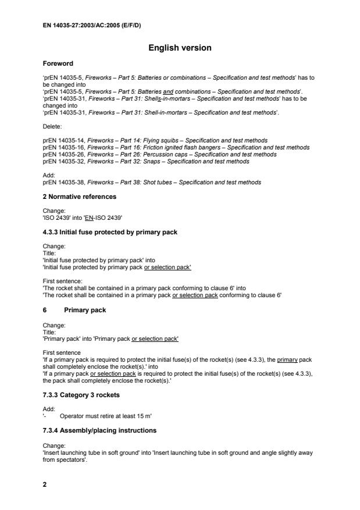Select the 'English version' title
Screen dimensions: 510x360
(180, 48)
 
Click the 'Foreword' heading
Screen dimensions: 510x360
(59, 63)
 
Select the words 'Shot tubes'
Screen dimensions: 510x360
(147, 182)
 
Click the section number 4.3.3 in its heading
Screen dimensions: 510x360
(52, 232)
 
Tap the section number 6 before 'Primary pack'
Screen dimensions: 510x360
(45, 310)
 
